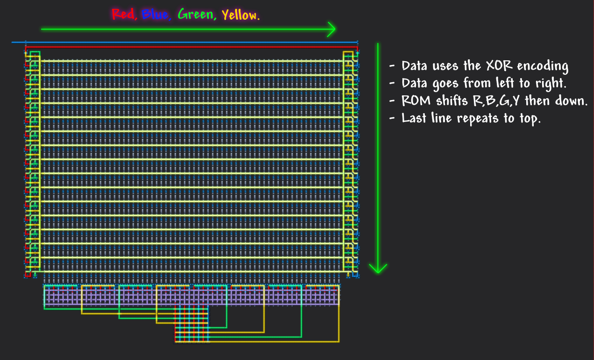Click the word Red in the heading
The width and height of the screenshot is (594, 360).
pyautogui.click(x=123, y=15)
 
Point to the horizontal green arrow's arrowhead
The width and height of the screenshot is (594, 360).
pyautogui.click(x=331, y=29)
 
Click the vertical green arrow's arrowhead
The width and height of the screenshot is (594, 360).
pyautogui.click(x=378, y=268)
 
